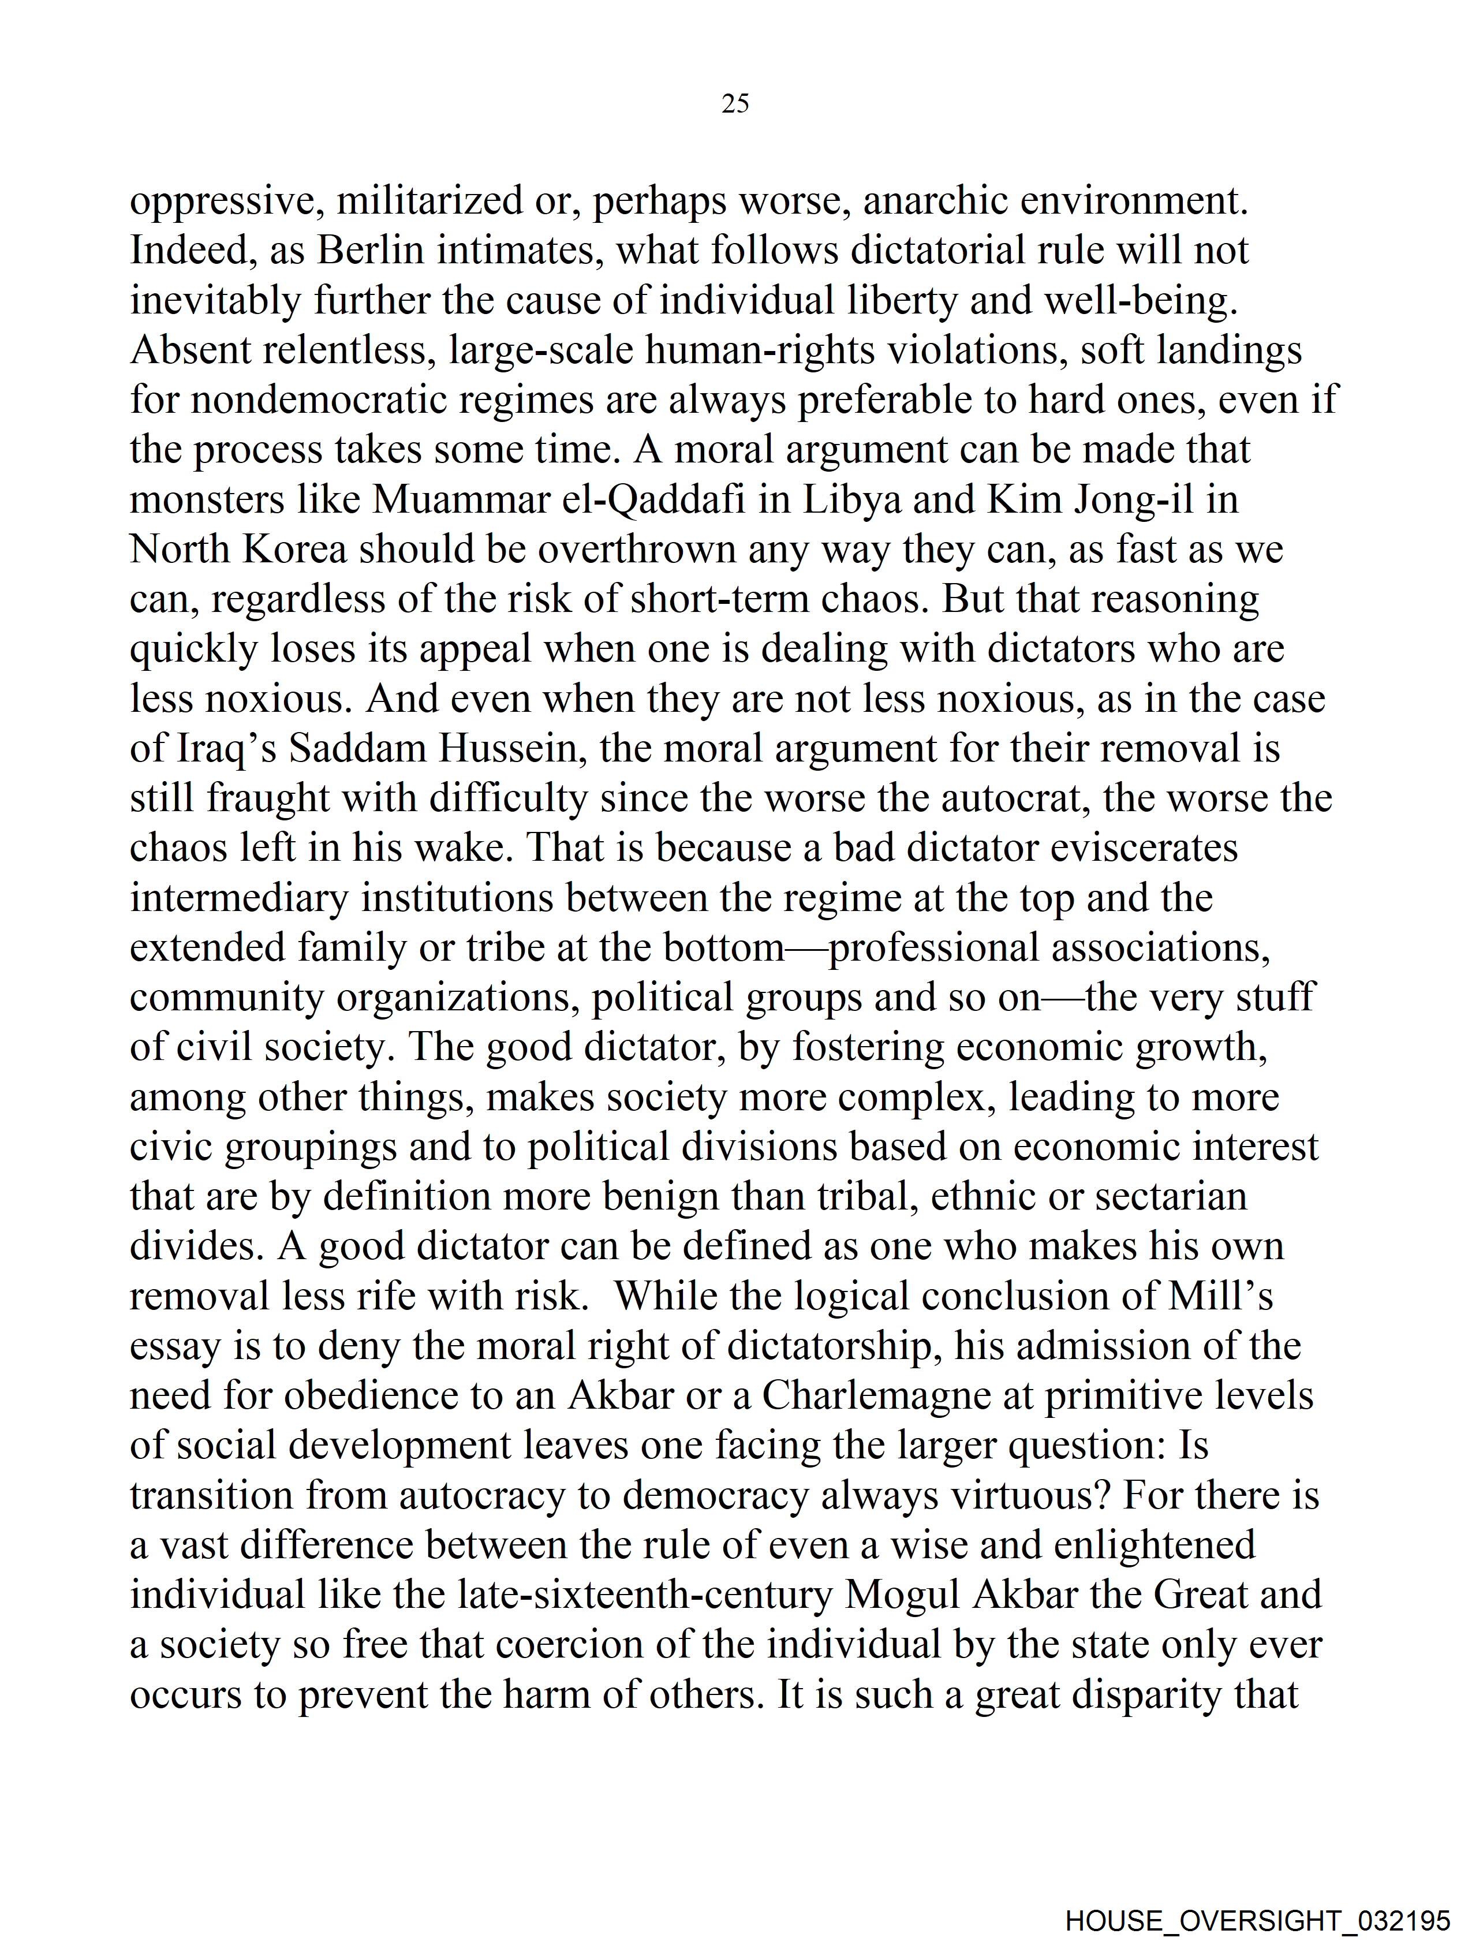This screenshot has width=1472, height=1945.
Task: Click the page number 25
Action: (735, 104)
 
